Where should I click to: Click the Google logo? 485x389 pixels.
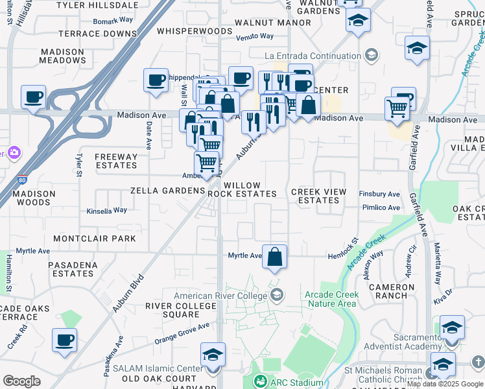[21, 381]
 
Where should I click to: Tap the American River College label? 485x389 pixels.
[220, 296]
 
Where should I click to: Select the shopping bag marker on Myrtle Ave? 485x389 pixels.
[275, 256]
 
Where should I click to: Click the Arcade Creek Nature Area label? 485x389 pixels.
[331, 299]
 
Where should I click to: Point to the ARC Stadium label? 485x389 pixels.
[296, 382]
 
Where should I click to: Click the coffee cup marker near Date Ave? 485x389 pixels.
[156, 80]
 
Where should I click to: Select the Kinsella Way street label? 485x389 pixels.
[107, 211]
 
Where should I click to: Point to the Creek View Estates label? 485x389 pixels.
[318, 196]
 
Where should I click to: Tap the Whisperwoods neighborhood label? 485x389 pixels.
[189, 30]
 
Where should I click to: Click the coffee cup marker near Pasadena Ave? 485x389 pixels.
[64, 340]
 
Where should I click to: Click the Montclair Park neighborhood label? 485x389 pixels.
[95, 239]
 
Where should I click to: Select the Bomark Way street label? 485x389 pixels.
[113, 20]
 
